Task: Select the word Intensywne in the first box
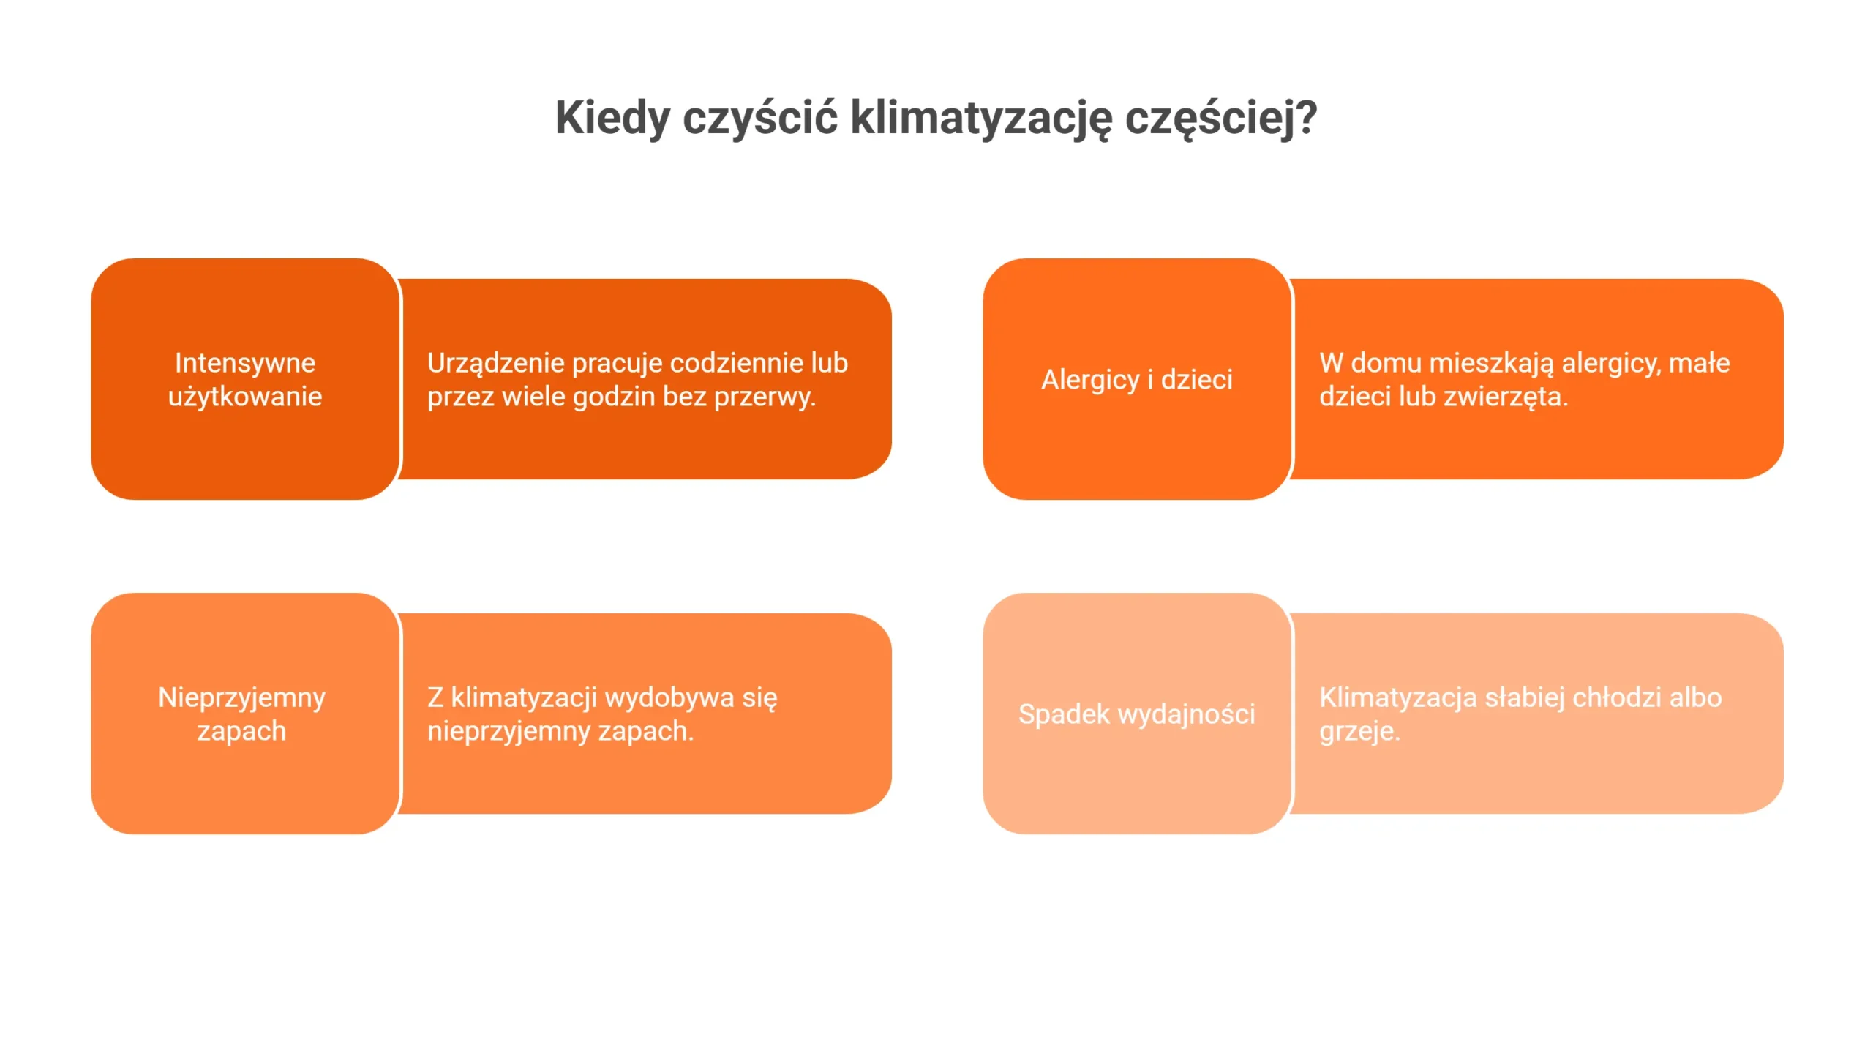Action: point(245,363)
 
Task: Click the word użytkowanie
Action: point(245,397)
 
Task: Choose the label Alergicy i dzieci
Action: point(1137,380)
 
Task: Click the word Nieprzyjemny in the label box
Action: point(241,698)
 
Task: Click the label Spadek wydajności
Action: point(1137,714)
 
